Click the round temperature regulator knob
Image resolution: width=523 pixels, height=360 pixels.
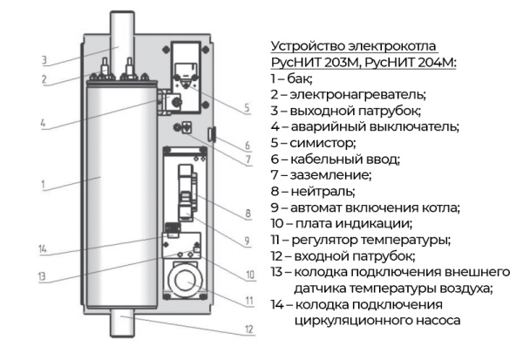pos(186,280)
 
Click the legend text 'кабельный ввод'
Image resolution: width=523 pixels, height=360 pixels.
pos(347,160)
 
